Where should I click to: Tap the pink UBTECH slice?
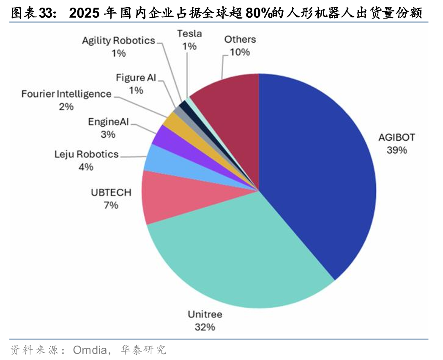[x=169, y=196]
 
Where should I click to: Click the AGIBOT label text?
[x=397, y=137]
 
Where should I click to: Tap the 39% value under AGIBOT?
[x=397, y=150]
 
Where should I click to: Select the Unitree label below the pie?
[x=205, y=314]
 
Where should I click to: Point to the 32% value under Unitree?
[x=205, y=327]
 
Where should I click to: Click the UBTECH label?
[x=111, y=193]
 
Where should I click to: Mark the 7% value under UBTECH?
[x=111, y=205]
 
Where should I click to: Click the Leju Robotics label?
[x=86, y=154]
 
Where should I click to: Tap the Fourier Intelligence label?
[x=66, y=94]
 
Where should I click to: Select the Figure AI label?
[x=136, y=77]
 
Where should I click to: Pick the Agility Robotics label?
[x=118, y=41]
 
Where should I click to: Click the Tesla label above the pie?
[x=189, y=33]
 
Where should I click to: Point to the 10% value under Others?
[x=240, y=52]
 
